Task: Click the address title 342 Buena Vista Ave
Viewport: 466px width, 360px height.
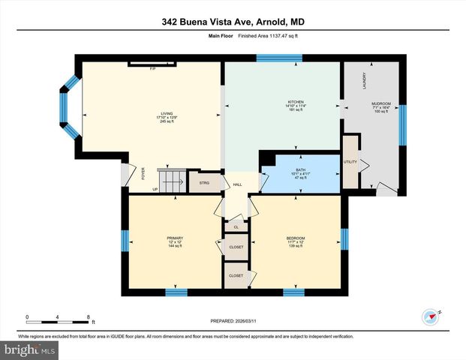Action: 233,22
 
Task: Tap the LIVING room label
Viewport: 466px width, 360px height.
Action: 156,113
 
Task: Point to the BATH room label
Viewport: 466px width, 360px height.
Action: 300,170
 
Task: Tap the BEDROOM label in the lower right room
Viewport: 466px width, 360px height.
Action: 295,238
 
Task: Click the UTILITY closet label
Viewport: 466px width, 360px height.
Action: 350,161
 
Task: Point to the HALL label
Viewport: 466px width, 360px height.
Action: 236,184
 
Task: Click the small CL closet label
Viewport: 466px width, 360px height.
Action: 236,226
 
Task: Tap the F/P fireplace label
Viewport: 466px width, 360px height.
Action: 152,69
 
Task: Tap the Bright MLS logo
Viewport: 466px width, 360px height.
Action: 30,350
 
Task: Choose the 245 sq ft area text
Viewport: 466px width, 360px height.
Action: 156,121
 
